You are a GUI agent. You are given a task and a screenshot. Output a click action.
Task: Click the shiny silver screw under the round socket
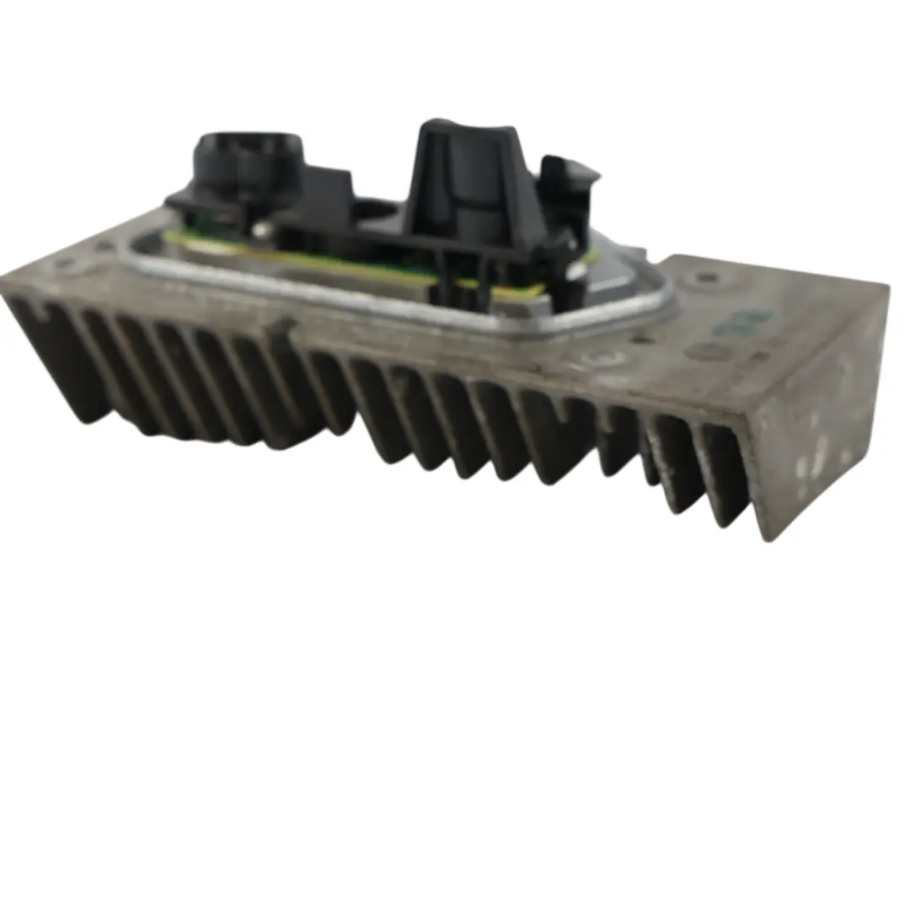point(264,228)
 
